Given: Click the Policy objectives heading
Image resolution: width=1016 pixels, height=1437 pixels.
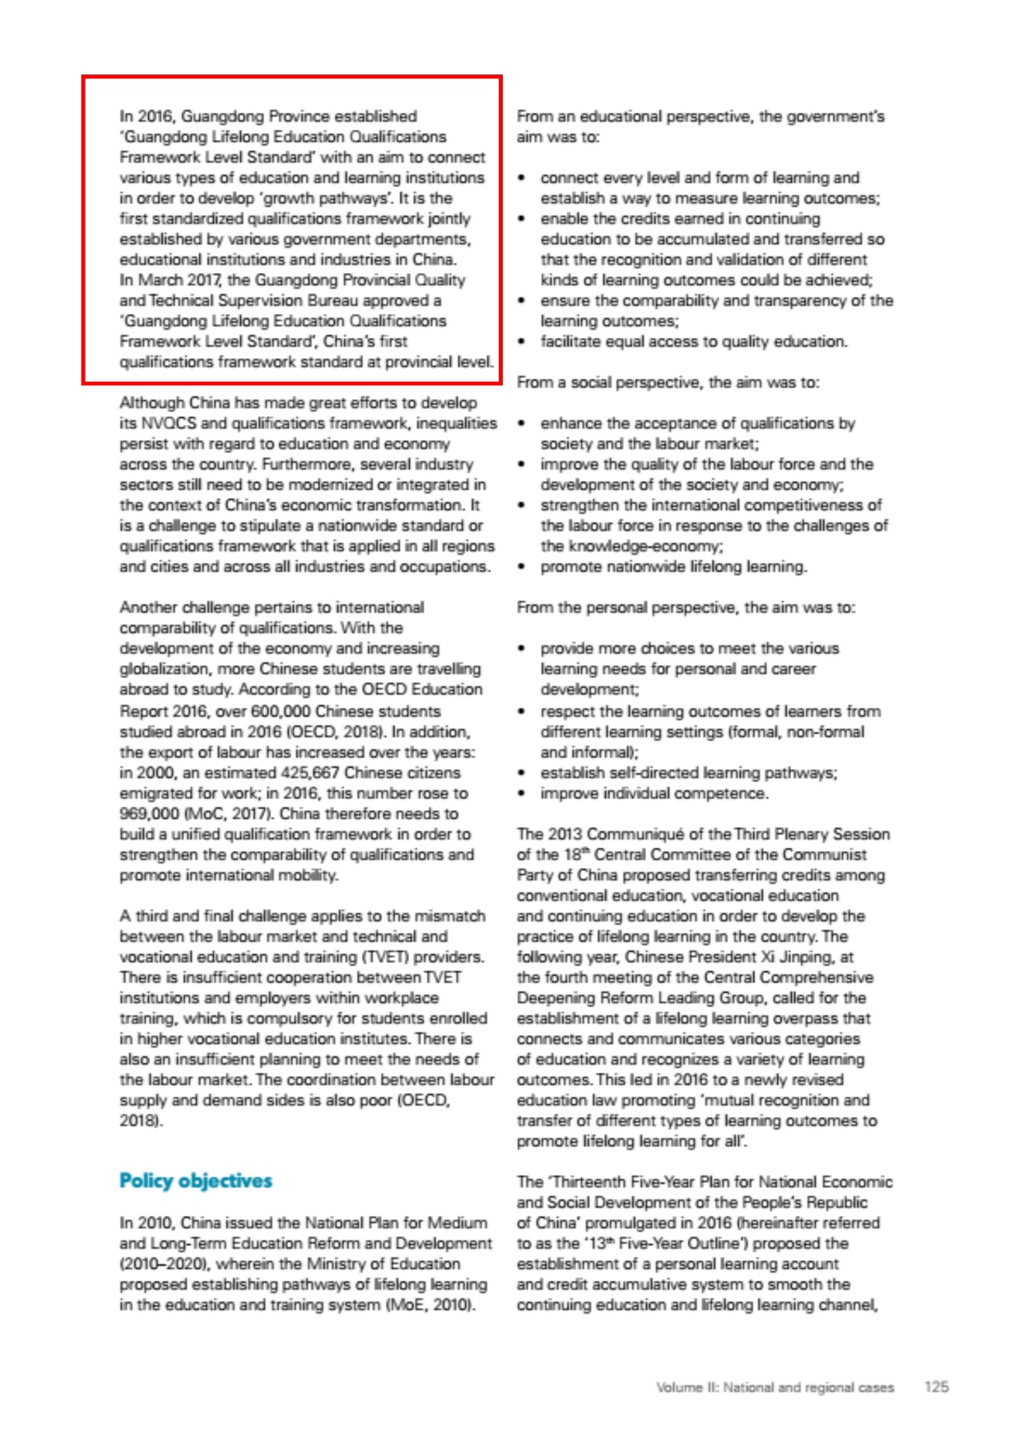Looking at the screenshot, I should point(195,1181).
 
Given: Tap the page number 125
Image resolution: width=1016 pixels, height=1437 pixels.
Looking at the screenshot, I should point(936,1387).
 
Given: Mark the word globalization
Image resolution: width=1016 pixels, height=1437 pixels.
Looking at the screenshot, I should point(164,668).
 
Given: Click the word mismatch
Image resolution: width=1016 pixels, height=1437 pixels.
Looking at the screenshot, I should point(452,916).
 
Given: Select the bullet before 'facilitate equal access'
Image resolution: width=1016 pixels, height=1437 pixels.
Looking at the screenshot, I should point(522,342).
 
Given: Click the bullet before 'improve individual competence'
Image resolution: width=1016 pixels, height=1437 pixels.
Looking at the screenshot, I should point(522,793).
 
